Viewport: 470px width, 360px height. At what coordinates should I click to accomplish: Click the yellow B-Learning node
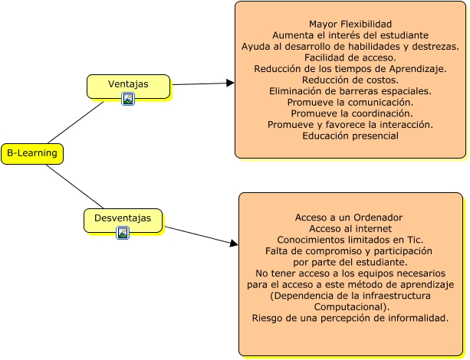click(31, 154)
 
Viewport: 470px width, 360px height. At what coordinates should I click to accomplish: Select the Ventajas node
click(128, 84)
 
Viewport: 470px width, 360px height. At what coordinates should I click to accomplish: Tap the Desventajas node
click(123, 219)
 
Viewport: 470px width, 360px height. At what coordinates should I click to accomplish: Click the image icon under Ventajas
click(128, 99)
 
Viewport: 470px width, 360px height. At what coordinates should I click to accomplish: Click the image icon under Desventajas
click(123, 233)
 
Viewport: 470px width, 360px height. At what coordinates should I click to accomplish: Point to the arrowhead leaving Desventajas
click(234, 244)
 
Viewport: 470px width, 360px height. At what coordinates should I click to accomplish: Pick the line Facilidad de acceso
click(350, 57)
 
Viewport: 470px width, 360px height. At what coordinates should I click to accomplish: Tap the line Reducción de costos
click(350, 80)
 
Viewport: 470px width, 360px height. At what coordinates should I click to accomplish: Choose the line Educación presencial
click(350, 136)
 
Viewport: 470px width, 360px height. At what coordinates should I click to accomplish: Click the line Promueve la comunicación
click(350, 102)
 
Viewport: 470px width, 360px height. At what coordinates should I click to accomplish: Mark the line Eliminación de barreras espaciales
click(350, 90)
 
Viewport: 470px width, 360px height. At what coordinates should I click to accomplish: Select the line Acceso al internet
click(350, 228)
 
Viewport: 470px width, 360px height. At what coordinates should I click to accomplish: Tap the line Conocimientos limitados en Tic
click(350, 239)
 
